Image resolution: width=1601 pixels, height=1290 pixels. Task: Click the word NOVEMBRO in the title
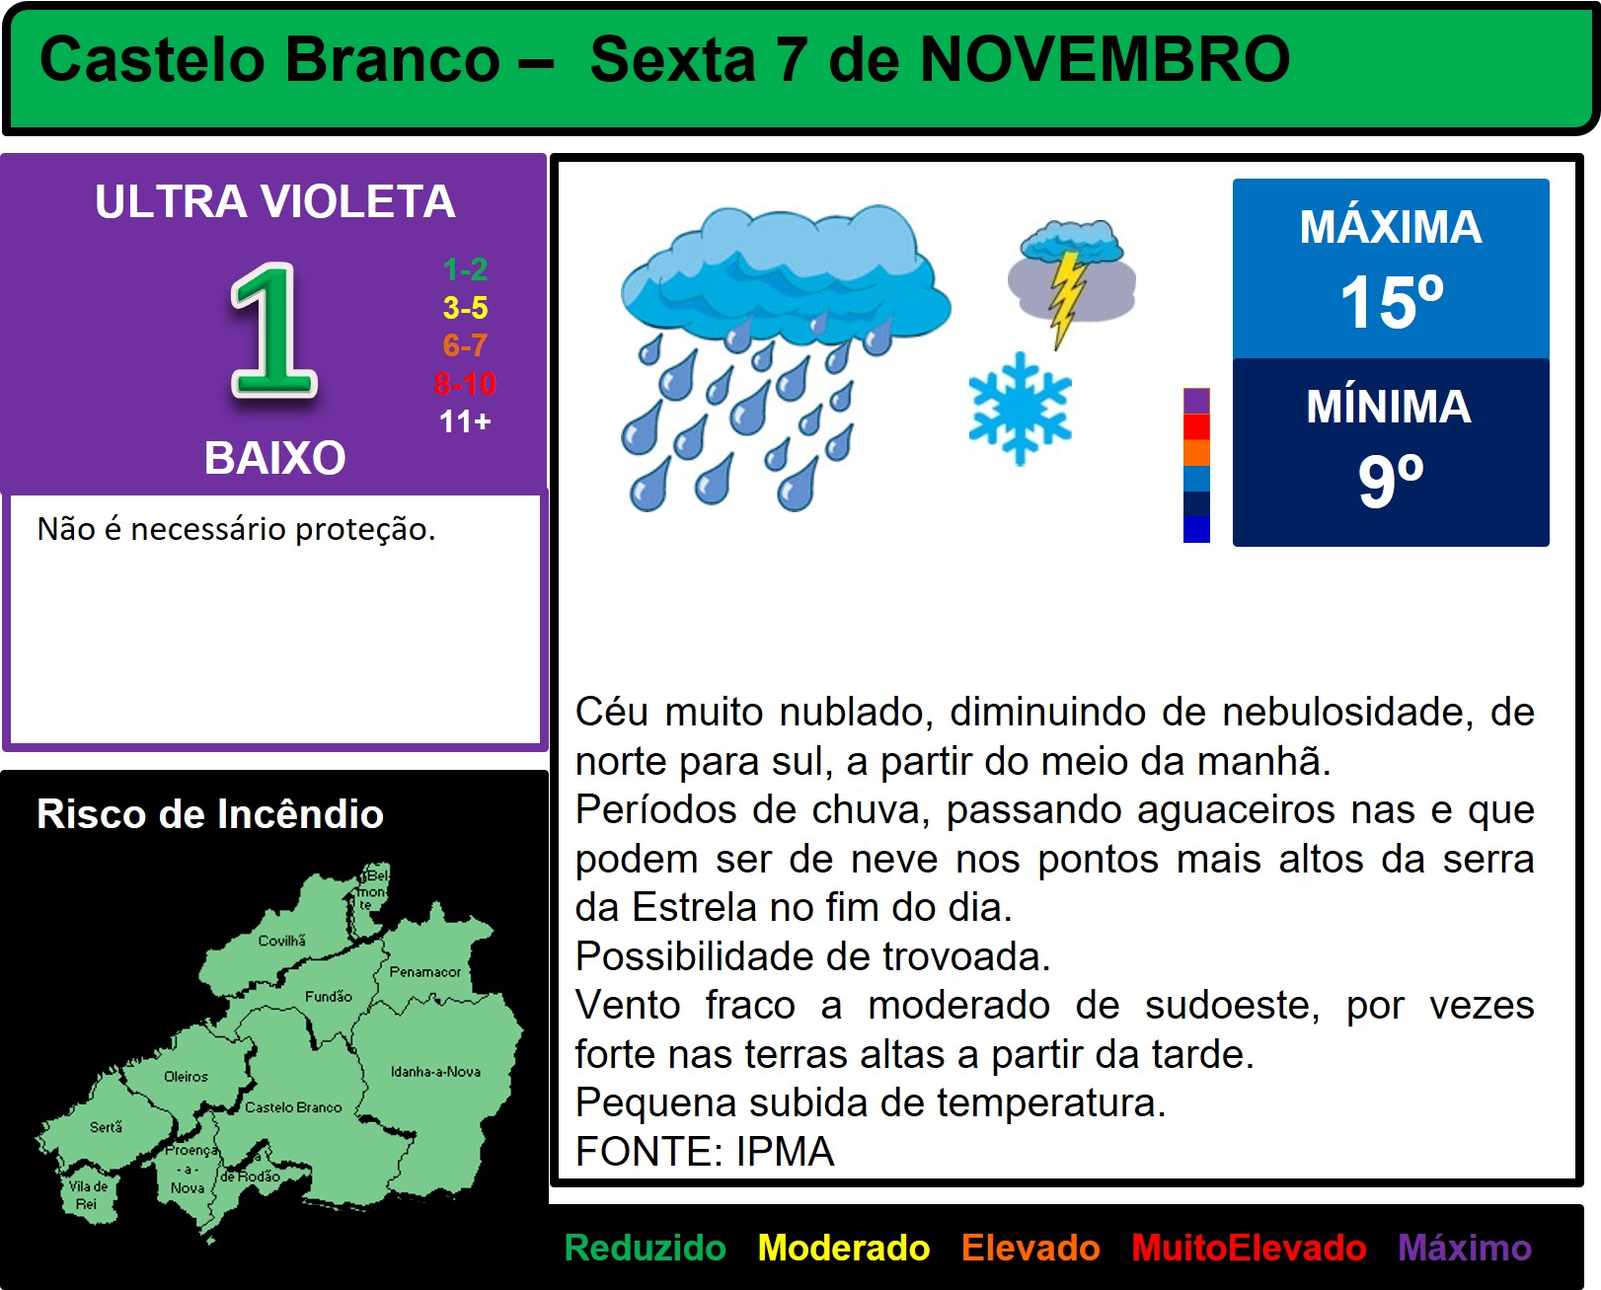click(1105, 59)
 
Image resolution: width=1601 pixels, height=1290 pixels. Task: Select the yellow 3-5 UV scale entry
click(465, 307)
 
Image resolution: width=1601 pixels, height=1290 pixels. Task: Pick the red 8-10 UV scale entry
click(465, 383)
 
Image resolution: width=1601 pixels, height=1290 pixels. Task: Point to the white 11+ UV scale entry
click(465, 421)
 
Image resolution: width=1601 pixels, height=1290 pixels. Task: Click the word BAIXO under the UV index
click(275, 457)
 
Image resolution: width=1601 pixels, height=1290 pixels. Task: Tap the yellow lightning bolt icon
click(1067, 297)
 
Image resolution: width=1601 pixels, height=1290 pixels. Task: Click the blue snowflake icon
click(1020, 409)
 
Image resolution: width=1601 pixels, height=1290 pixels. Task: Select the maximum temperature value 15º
click(1391, 301)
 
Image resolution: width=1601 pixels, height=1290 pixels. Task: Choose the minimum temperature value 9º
click(1391, 481)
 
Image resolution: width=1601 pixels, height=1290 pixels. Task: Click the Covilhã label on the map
click(282, 941)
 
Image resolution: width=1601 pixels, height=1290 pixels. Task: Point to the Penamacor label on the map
click(424, 971)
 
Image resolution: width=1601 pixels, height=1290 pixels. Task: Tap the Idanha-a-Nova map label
click(436, 1071)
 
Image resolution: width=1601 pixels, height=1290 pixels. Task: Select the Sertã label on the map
click(106, 1126)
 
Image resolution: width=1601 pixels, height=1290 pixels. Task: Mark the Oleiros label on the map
click(186, 1076)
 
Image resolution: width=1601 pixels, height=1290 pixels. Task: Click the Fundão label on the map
click(328, 996)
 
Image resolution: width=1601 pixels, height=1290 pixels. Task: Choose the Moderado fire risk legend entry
click(844, 1248)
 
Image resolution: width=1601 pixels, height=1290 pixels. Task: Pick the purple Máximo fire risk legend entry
click(1465, 1248)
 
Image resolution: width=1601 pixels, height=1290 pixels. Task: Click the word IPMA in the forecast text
click(785, 1152)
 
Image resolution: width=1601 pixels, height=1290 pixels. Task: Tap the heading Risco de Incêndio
click(210, 813)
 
